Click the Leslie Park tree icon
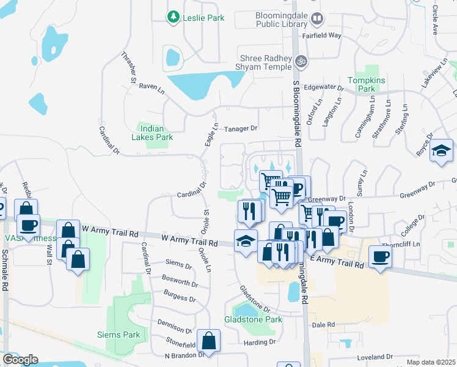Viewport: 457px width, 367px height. click(175, 18)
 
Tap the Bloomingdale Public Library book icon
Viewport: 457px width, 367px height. click(316, 19)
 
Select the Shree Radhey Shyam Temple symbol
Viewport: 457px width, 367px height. click(300, 61)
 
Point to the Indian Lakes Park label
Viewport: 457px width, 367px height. click(156, 133)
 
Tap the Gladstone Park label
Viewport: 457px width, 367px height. click(253, 319)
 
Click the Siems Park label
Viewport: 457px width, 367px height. click(119, 335)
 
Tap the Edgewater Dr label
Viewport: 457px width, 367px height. click(324, 87)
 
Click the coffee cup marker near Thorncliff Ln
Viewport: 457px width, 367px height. click(380, 257)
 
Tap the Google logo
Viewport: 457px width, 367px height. click(20, 360)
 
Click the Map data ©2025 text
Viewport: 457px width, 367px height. click(431, 362)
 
